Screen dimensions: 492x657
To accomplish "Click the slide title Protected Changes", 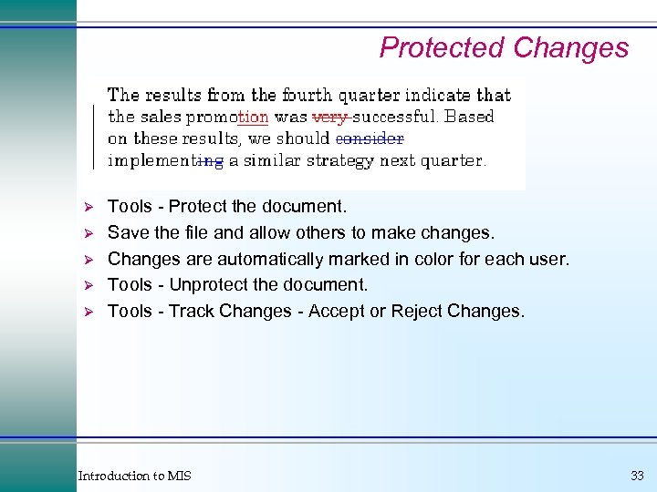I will click(x=504, y=47).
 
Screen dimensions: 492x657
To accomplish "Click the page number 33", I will click(x=637, y=476).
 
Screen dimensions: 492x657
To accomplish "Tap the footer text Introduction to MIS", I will click(x=135, y=476).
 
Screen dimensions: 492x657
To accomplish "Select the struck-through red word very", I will click(x=330, y=117).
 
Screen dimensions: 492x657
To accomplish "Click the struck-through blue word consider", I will click(x=370, y=138).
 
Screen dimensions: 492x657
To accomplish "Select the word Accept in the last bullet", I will click(x=338, y=312).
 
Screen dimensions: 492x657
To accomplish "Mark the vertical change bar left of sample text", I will click(x=94, y=137).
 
